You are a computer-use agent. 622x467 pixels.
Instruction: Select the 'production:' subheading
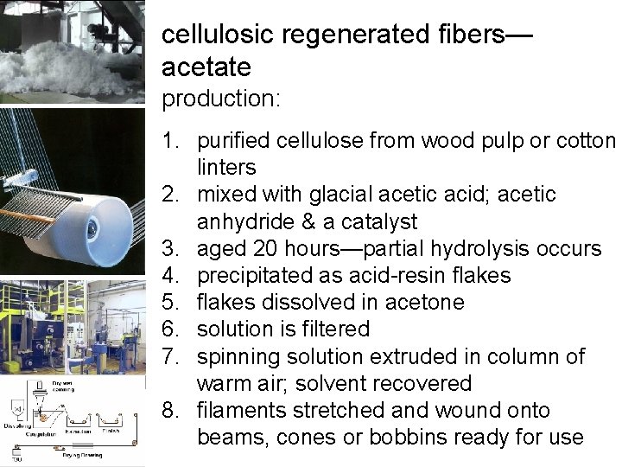[x=221, y=99]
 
